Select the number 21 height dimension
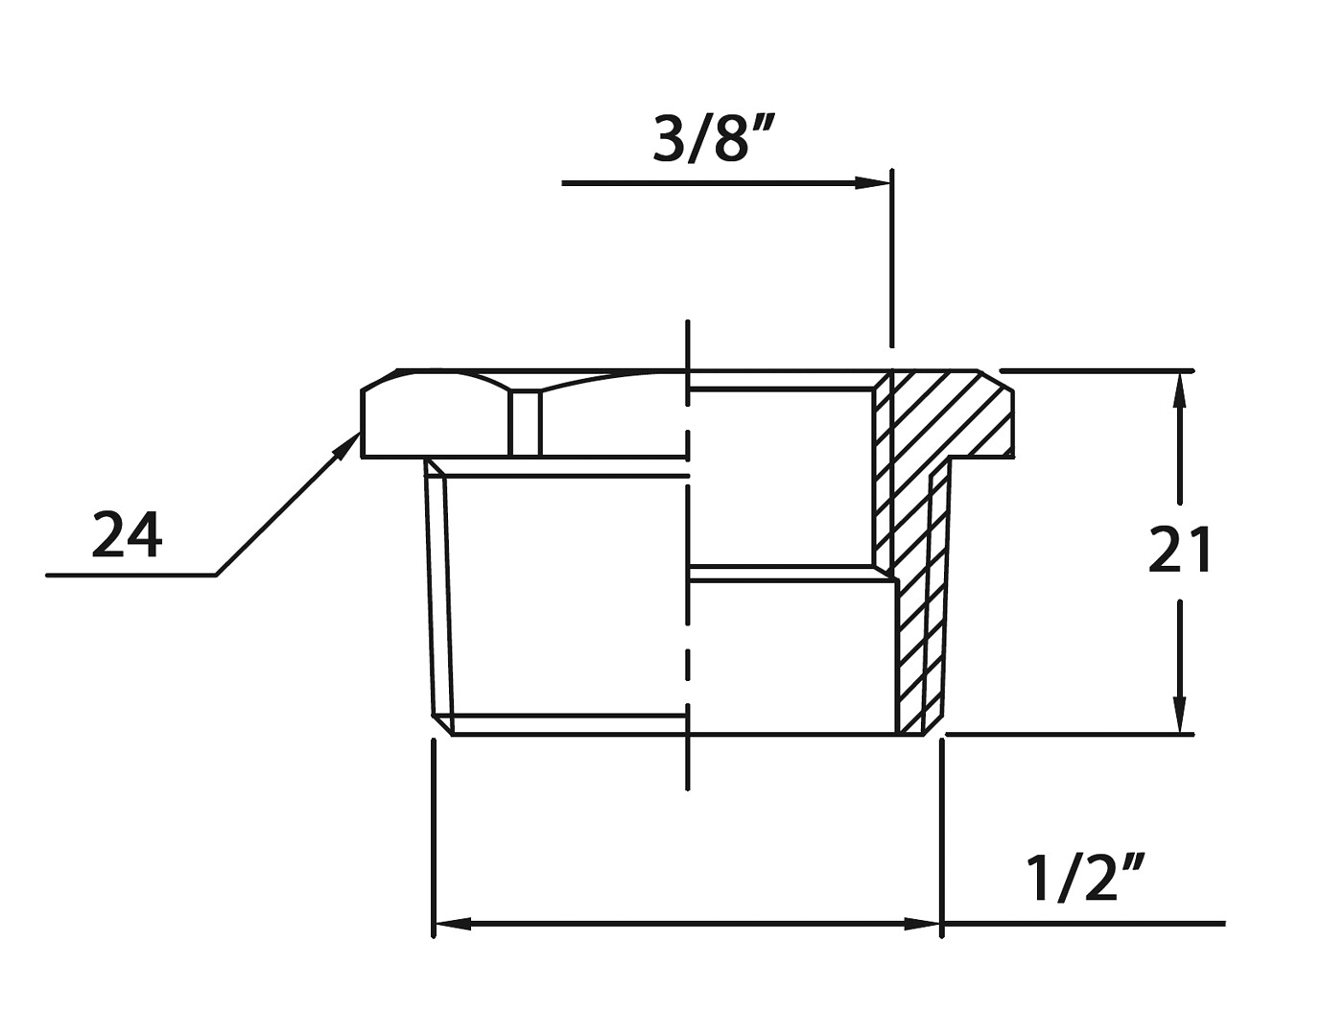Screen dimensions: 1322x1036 pyautogui.click(x=1180, y=551)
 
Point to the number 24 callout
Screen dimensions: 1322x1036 pyautogui.click(x=128, y=534)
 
